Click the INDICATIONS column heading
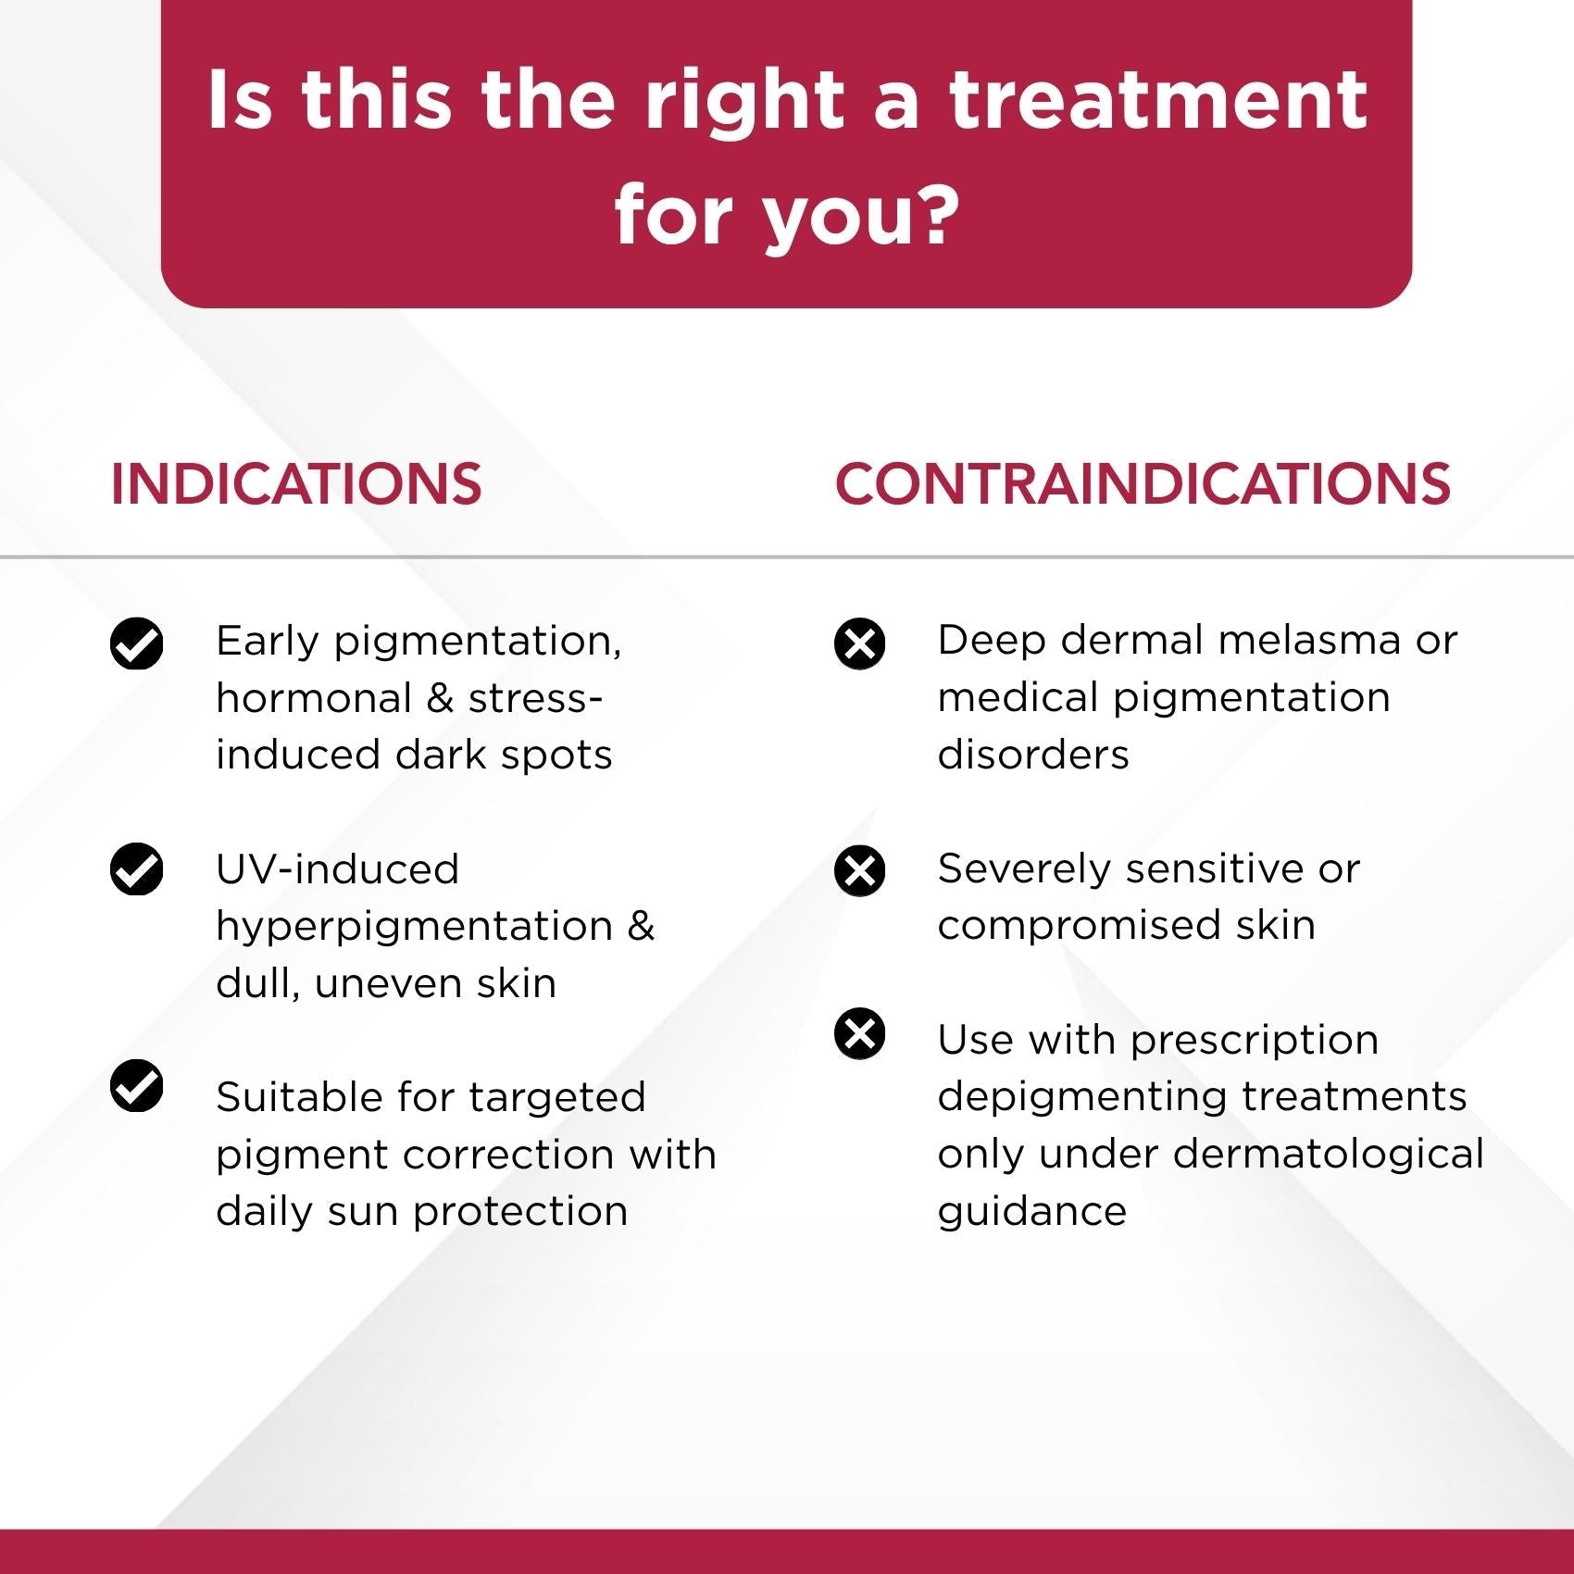(296, 483)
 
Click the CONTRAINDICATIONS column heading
(1143, 483)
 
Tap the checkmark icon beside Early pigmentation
(137, 643)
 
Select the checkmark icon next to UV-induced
(137, 869)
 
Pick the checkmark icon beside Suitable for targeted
(137, 1085)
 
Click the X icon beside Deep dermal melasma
(859, 643)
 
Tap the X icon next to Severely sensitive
(859, 870)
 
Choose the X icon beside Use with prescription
(859, 1033)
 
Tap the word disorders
(1033, 755)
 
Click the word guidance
(1032, 1212)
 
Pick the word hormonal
(314, 698)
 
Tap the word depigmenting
(1082, 1098)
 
